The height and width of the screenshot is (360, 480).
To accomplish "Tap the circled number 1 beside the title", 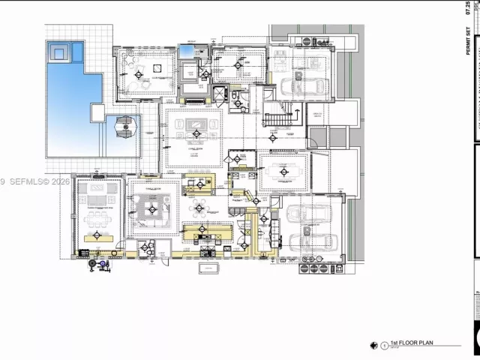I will click(385, 346).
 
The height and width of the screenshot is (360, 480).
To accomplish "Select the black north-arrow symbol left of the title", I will click(373, 345).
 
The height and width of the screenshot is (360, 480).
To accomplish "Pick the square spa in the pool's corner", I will click(58, 52).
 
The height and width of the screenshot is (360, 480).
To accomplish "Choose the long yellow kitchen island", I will click(206, 232).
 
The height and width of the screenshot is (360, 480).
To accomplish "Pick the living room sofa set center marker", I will click(196, 134).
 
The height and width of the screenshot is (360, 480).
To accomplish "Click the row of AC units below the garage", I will click(313, 268).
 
